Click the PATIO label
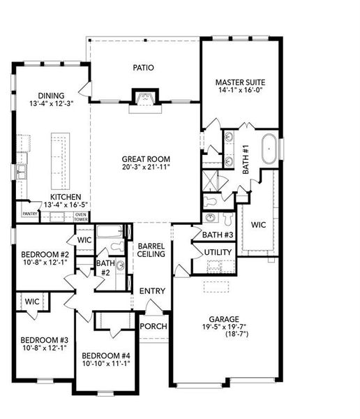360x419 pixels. [143, 68]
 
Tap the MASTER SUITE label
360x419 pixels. [239, 82]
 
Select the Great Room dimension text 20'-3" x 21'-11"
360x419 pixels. [145, 168]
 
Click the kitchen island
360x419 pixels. [59, 156]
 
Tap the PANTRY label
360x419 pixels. [29, 214]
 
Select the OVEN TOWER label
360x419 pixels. [81, 217]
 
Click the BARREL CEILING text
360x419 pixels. [151, 250]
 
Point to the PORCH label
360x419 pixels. [153, 327]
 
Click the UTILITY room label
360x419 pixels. [218, 252]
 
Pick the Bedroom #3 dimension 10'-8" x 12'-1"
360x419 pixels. [43, 348]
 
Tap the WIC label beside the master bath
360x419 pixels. [258, 226]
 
